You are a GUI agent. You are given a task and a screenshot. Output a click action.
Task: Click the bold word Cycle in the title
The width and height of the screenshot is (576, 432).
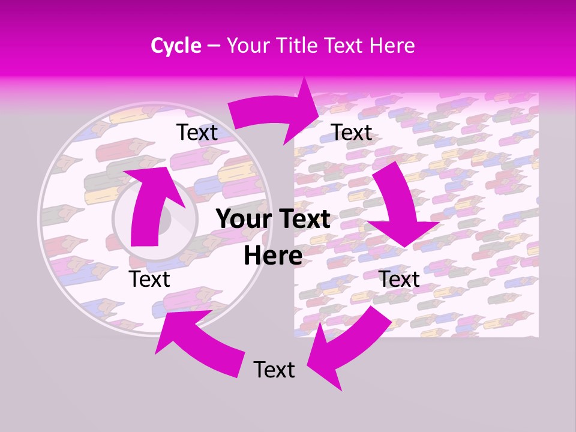point(176,46)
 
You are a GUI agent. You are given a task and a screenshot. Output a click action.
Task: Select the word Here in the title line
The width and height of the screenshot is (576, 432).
point(392,46)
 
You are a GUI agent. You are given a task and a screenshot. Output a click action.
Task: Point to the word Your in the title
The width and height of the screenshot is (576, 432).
point(248,46)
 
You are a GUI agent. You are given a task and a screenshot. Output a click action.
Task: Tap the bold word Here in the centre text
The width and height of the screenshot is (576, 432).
point(273,256)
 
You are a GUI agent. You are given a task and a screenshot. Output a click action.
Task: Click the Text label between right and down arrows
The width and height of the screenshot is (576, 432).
point(352,133)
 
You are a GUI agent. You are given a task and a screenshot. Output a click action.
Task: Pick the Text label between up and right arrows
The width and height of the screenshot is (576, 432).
point(197,133)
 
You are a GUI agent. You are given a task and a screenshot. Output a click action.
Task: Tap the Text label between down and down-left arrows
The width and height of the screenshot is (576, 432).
point(399,279)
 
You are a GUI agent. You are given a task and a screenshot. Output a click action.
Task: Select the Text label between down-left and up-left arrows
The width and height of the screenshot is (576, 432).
point(274,370)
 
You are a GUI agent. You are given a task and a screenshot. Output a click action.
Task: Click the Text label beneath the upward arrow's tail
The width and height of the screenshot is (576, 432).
point(150,279)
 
